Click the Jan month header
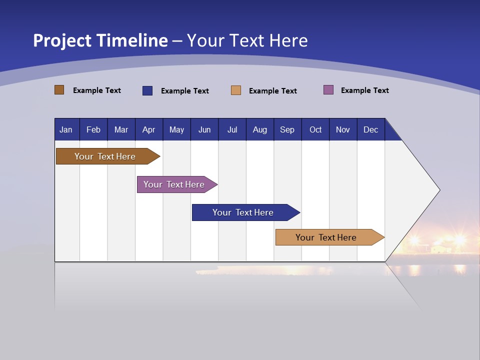coord(66,129)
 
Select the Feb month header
coord(93,129)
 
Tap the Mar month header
coord(121,129)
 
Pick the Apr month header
coord(149,129)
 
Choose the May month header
coord(176,129)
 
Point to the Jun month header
coord(204,129)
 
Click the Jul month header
coord(232,129)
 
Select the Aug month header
coord(260,129)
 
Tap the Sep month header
coord(287,129)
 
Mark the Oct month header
coord(315,129)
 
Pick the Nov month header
coord(343,129)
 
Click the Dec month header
coord(371,129)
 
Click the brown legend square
coord(59,90)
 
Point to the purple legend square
coord(328,90)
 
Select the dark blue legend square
coord(147,90)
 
